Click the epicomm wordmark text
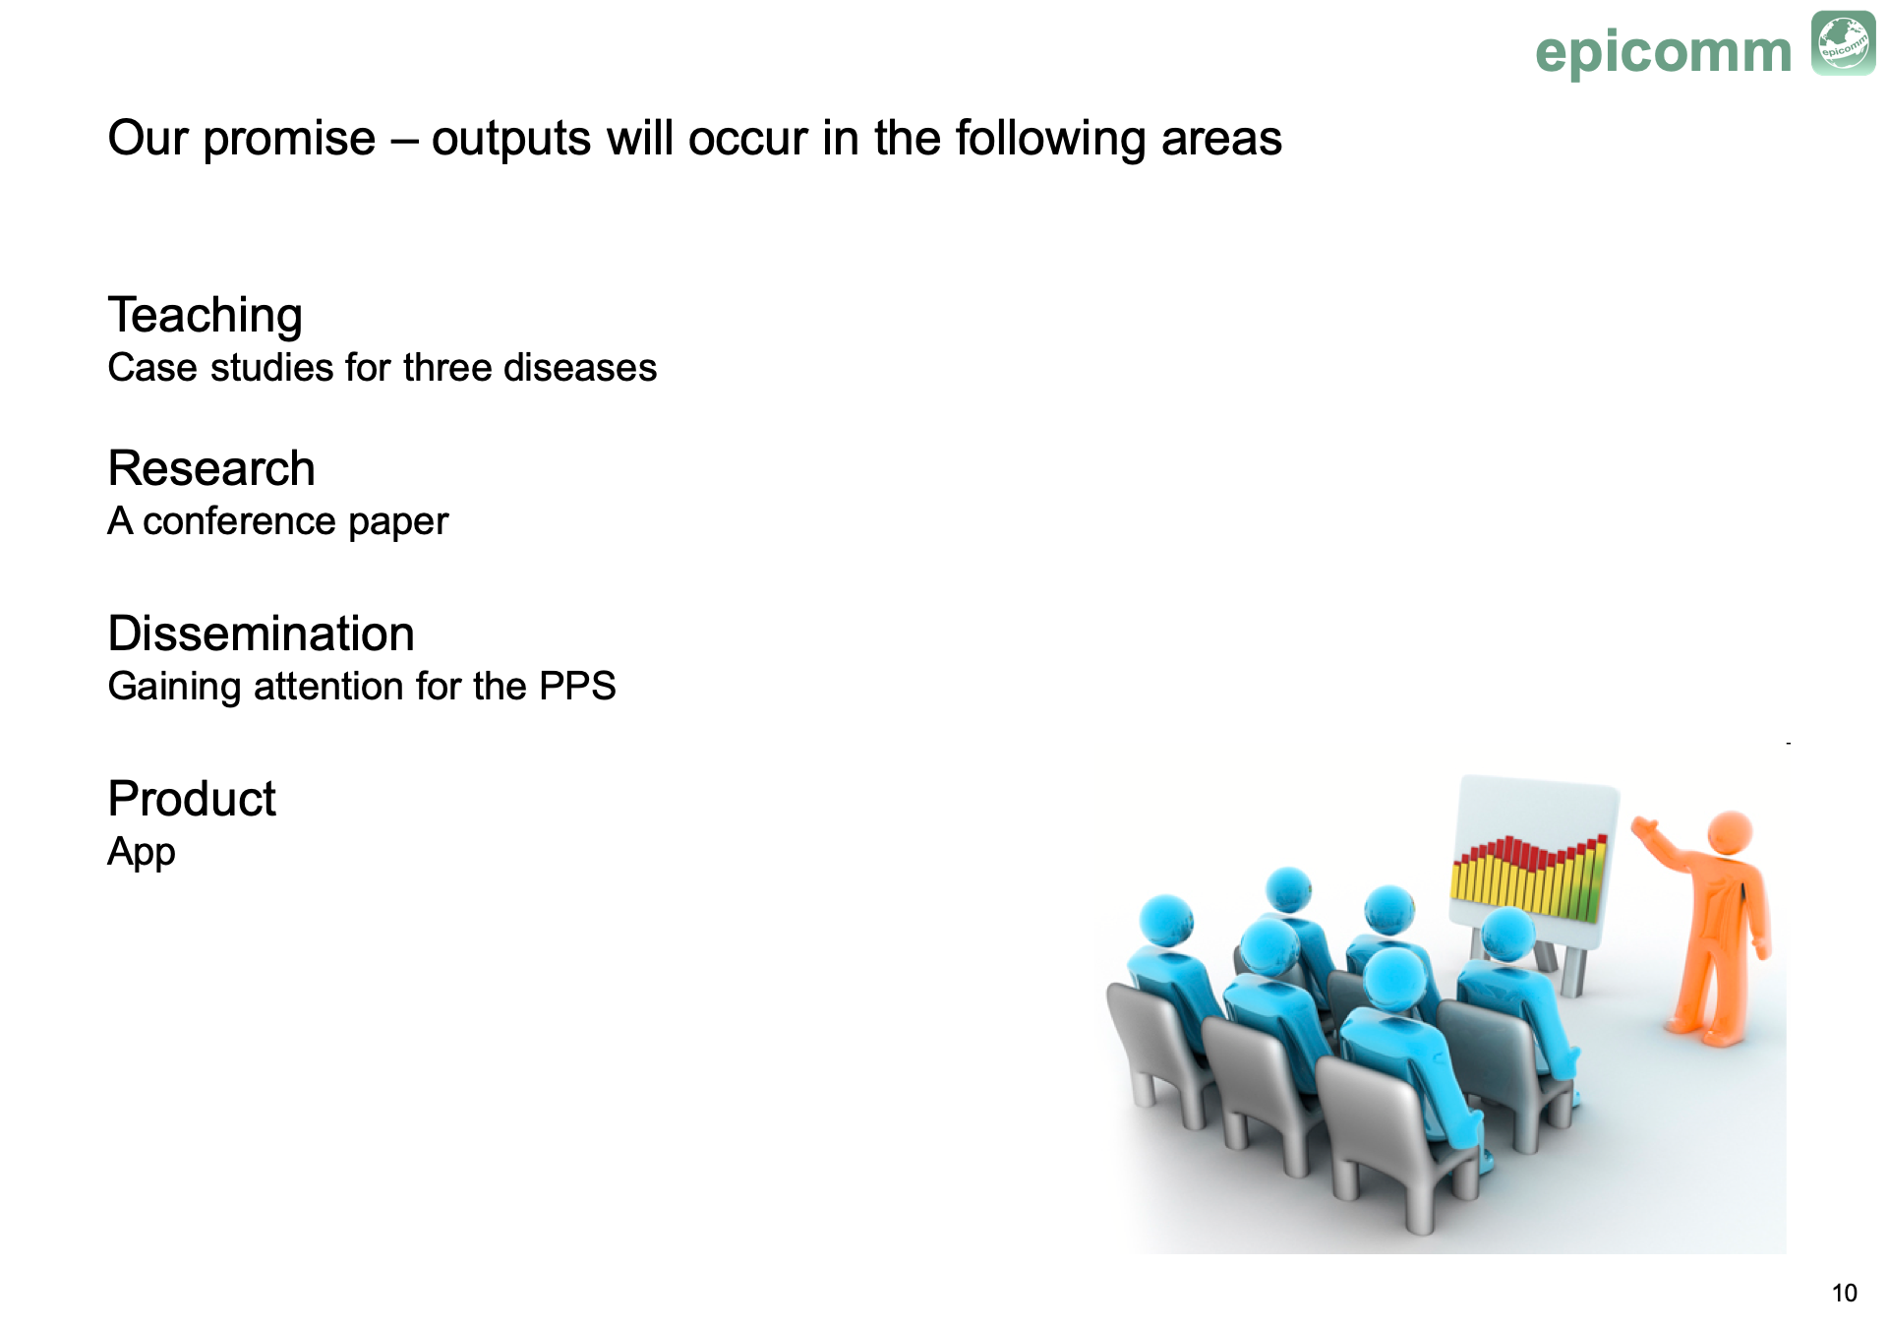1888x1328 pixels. pos(1664,52)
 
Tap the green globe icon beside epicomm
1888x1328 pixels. pos(1844,43)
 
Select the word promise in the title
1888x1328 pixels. pos(290,140)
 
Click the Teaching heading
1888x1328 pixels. pos(206,317)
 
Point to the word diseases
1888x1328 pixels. pos(580,368)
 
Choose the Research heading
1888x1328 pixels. pos(211,468)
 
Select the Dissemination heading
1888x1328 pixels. pos(262,634)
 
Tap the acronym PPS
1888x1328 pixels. pos(577,687)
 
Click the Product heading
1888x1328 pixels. pos(192,799)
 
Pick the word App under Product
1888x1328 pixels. pos(142,853)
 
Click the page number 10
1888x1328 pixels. pos(1845,1294)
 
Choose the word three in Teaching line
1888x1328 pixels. pos(447,368)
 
